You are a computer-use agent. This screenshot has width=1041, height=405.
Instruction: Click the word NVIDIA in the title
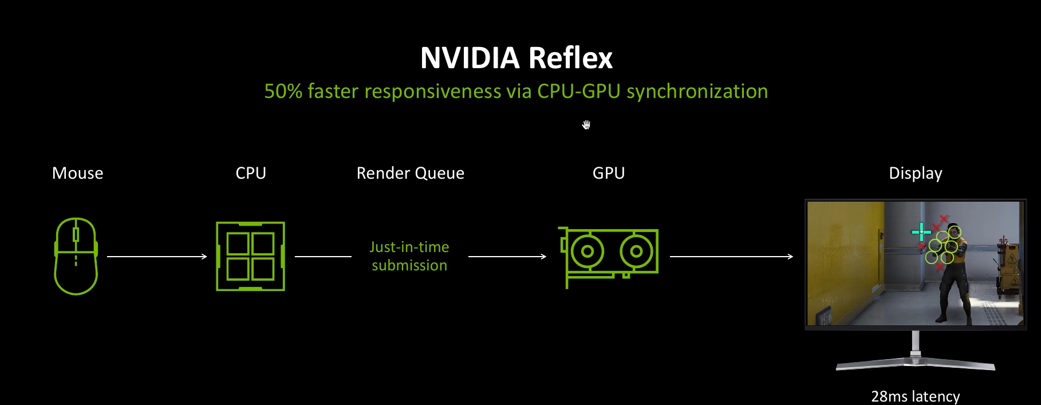point(470,58)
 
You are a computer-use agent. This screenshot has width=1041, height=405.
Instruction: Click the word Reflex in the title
point(570,58)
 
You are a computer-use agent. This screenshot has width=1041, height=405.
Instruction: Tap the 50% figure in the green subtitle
point(283,92)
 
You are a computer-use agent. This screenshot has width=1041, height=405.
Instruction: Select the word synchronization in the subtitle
point(697,92)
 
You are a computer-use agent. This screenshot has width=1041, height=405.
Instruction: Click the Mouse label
point(78,173)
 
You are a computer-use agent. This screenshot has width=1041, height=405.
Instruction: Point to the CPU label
point(251,173)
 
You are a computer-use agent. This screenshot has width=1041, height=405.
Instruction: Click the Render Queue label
point(411,173)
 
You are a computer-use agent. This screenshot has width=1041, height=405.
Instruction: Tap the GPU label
point(609,173)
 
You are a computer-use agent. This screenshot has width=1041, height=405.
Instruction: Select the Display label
point(916,174)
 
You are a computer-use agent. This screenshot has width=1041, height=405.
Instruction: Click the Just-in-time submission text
point(409,256)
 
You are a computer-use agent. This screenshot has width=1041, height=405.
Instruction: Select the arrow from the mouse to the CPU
point(157,257)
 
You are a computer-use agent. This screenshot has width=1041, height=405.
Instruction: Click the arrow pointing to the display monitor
point(731,257)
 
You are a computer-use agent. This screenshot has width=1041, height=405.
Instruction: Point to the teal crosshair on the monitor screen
point(921,232)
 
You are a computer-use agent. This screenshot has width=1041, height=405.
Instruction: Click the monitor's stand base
point(916,364)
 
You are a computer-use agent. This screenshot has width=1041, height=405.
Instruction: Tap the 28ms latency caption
point(916,396)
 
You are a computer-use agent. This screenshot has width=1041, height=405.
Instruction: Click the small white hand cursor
point(586,125)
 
